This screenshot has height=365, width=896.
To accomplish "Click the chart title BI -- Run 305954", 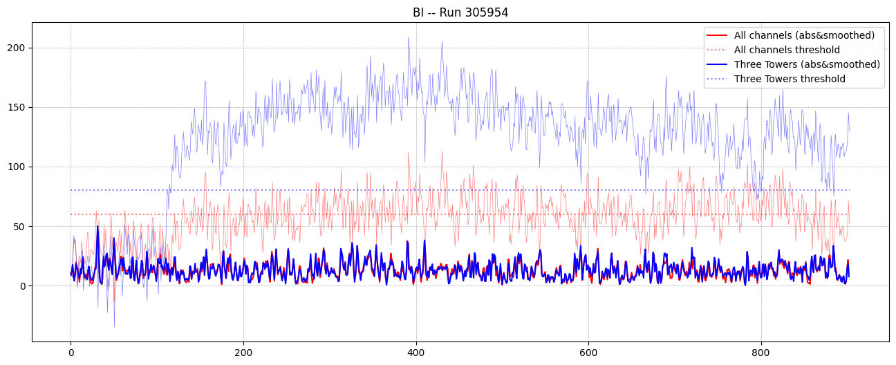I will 460,12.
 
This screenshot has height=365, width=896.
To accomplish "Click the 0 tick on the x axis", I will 71,350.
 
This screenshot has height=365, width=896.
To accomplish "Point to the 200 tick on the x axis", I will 243,350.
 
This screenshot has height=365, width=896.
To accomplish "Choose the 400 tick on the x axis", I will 416,350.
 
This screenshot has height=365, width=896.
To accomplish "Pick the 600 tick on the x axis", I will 588,350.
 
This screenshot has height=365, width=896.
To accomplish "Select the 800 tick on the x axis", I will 761,350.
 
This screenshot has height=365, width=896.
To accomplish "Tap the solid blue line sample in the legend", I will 717,64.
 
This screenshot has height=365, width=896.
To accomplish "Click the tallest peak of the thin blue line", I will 408,37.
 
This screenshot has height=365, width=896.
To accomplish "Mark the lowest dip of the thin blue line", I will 114,327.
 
